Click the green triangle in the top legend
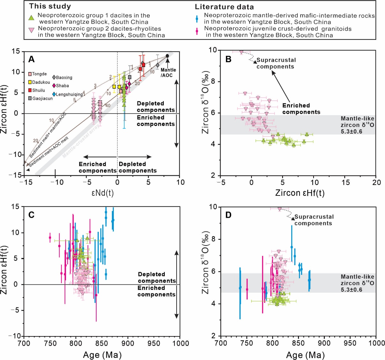click(31, 18)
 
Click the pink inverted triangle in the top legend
click(31, 31)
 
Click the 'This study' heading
click(50, 6)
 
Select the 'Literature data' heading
click(224, 7)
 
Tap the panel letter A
click(31, 59)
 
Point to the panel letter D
click(229, 215)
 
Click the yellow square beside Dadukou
click(30, 82)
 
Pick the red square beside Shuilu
click(30, 90)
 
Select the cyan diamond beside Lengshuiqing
click(54, 94)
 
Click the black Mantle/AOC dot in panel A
click(167, 56)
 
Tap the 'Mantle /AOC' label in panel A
click(168, 72)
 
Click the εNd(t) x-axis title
click(103, 193)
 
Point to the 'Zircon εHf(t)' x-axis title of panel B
click(300, 193)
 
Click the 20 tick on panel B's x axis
click(376, 182)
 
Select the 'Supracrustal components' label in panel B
click(276, 63)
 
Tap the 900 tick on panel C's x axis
click(128, 343)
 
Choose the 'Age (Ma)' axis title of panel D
click(305, 355)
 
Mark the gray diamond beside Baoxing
click(54, 77)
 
